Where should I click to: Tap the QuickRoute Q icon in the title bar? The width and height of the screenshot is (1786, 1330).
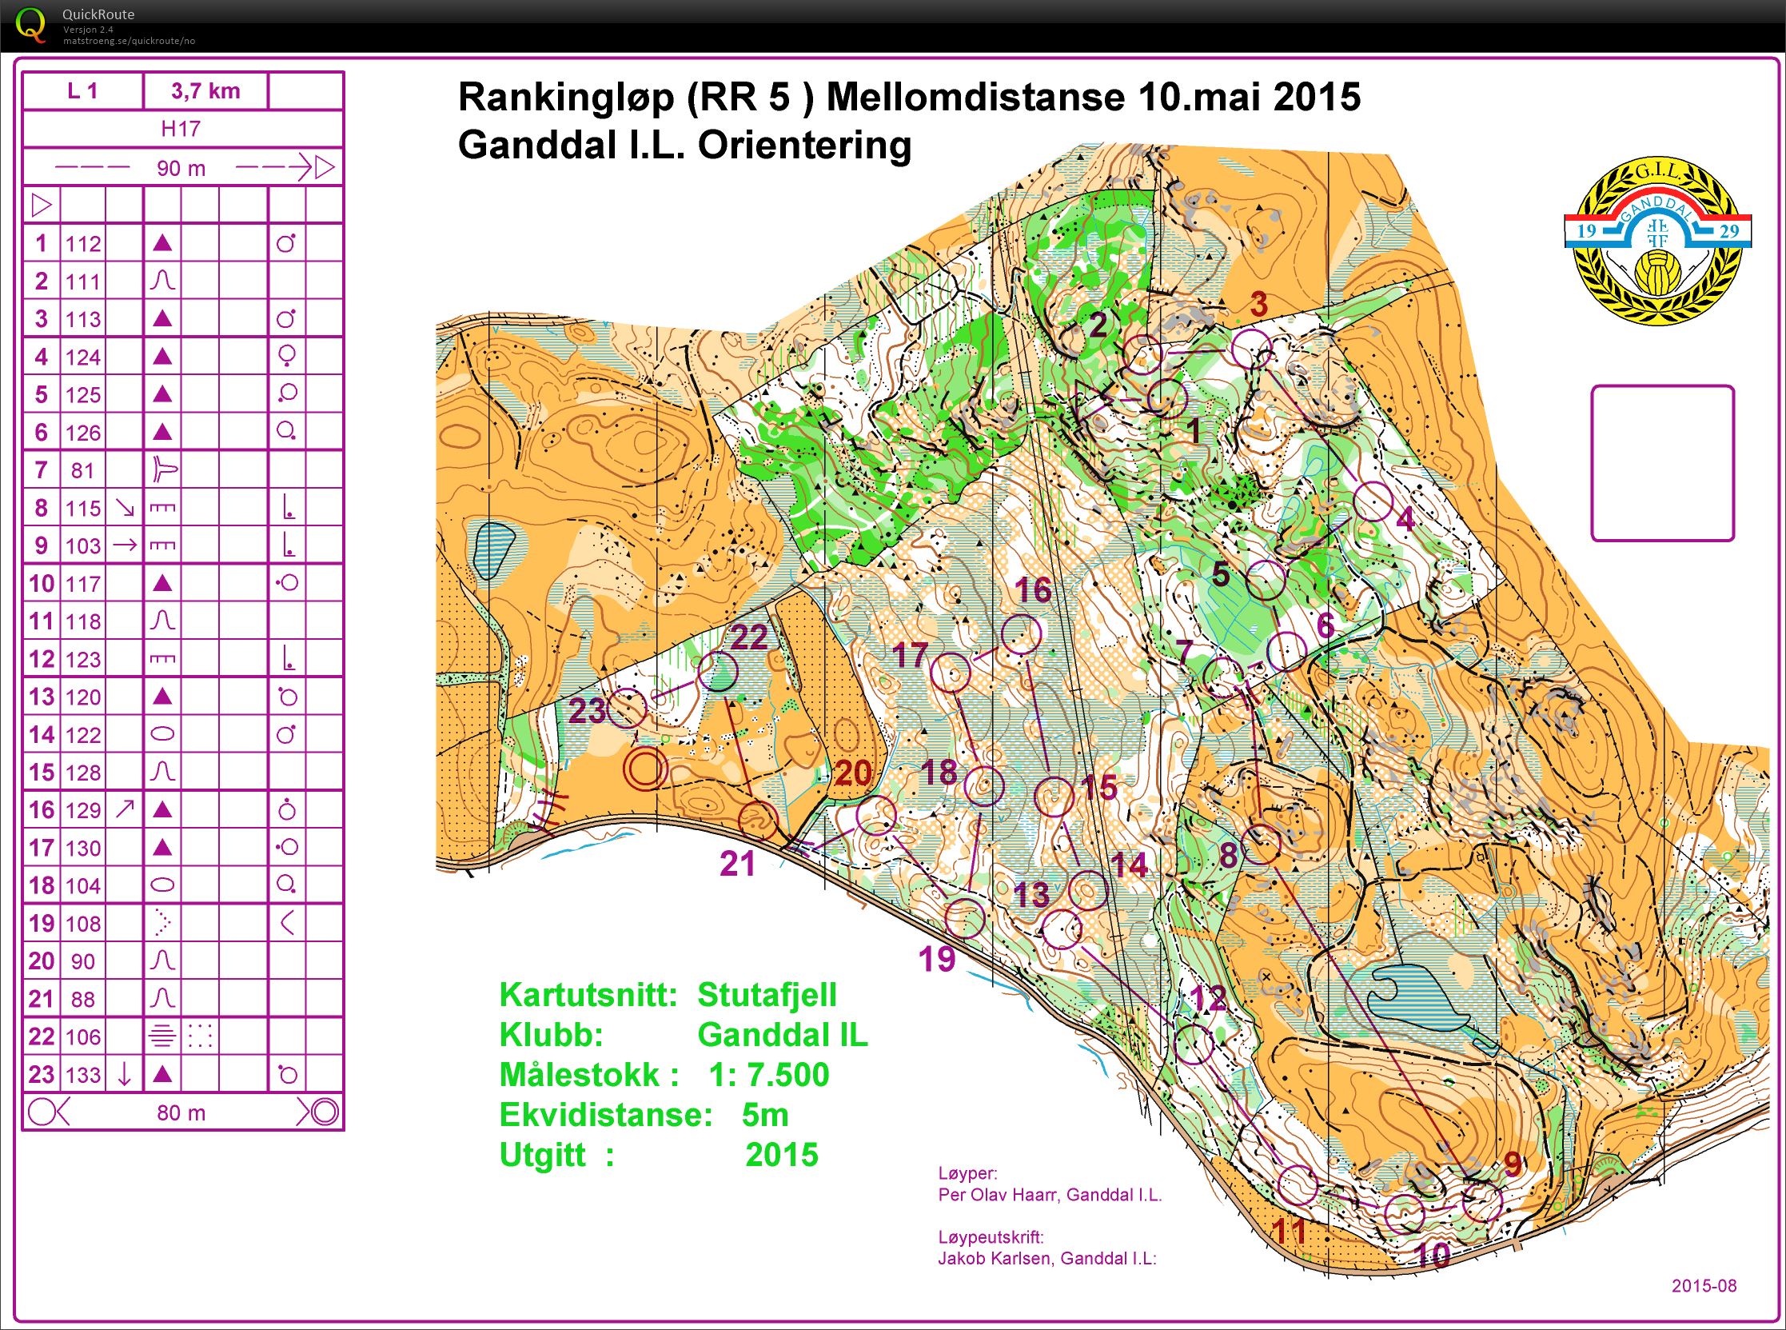tap(30, 24)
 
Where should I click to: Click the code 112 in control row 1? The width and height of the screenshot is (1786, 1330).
tap(83, 244)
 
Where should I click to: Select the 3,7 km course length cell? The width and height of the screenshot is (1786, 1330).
tap(205, 91)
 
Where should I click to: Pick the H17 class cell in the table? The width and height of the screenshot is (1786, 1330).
tap(181, 129)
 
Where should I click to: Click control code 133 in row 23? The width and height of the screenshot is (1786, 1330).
tap(83, 1075)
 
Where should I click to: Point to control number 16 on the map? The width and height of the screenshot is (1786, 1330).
tap(1033, 590)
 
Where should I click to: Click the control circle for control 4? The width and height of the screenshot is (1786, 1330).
tap(1373, 501)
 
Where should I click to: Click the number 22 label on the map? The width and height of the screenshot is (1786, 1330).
tap(748, 637)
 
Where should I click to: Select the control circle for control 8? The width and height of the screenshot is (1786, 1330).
tap(1261, 845)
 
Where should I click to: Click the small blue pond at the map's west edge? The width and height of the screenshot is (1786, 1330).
tap(492, 552)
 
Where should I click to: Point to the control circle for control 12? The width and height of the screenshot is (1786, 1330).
tap(1193, 1044)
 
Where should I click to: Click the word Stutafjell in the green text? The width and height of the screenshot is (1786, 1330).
tap(766, 995)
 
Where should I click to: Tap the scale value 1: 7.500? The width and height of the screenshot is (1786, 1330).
tap(768, 1076)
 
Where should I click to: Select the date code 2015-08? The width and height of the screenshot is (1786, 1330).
tap(1704, 1286)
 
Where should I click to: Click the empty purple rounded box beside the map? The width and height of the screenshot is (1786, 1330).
tap(1662, 463)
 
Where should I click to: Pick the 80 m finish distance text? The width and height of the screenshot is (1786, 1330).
tap(181, 1113)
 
